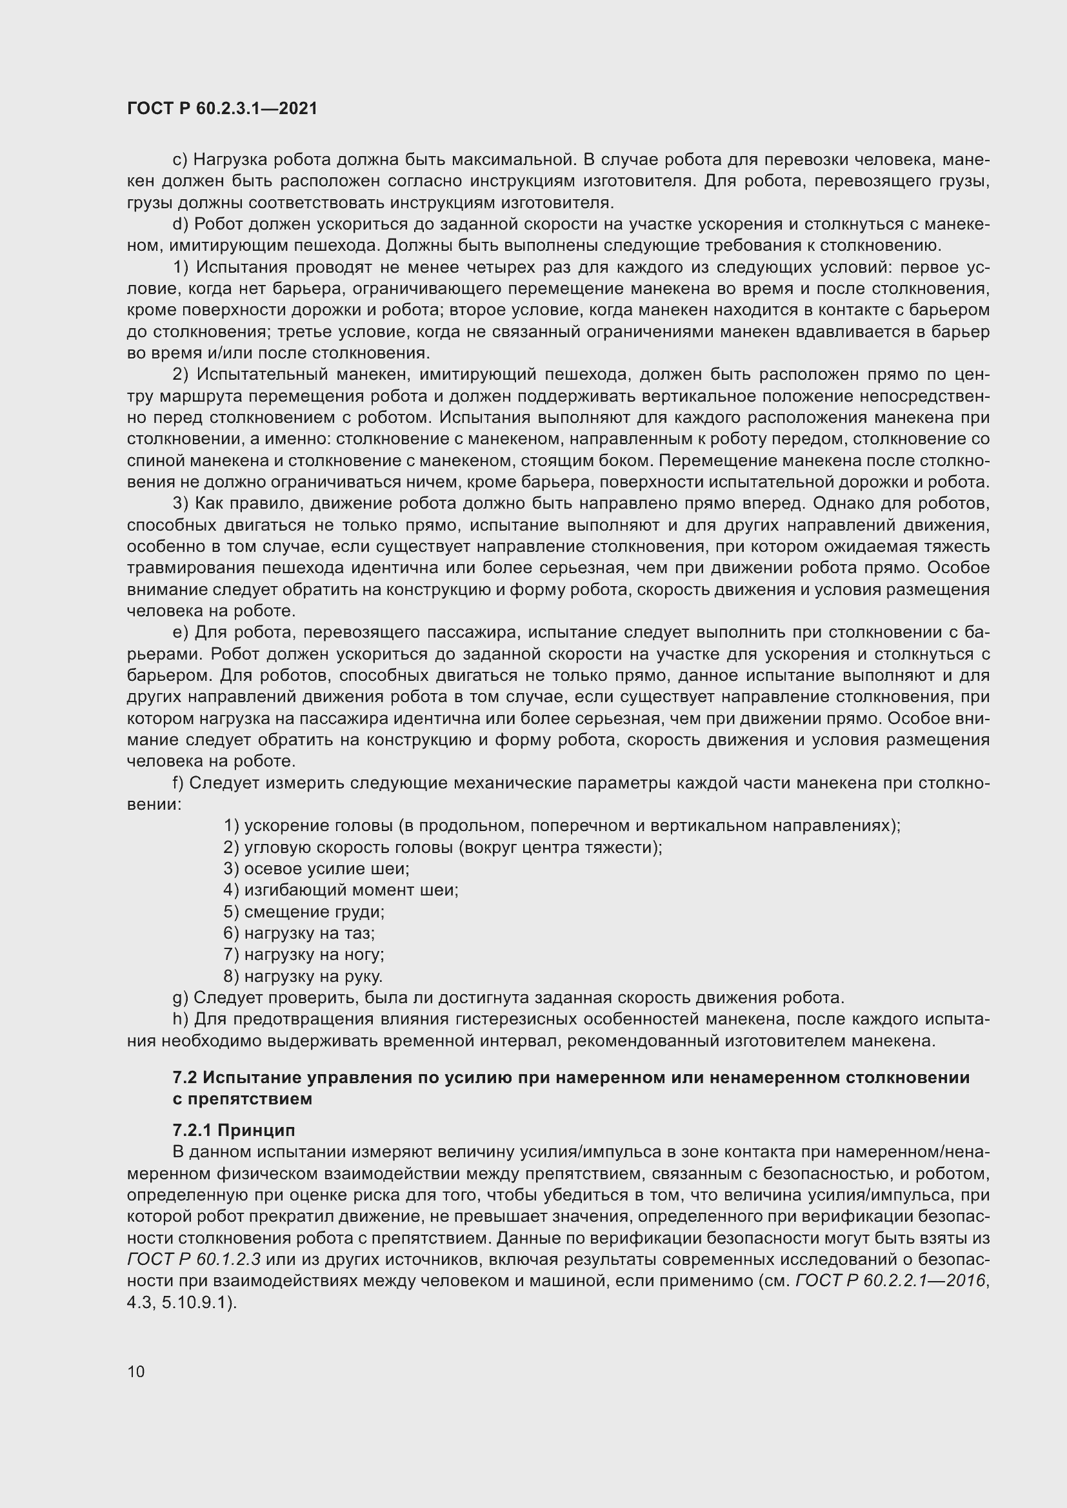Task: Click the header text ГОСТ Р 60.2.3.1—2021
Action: click(222, 109)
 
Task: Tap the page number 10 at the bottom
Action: click(136, 1371)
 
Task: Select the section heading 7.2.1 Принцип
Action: click(234, 1130)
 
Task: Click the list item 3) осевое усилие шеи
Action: click(316, 869)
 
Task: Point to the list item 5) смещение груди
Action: click(304, 912)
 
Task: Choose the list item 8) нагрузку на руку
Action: click(303, 976)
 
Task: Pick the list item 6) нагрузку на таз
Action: click(299, 934)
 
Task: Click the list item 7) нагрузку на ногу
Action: click(304, 954)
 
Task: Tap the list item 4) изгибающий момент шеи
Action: click(341, 890)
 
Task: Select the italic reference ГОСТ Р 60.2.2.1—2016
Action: click(891, 1281)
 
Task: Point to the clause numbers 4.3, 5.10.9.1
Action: click(181, 1302)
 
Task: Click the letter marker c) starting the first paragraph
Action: click(180, 160)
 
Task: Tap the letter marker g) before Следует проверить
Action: click(180, 997)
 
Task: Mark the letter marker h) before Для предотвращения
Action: click(180, 1019)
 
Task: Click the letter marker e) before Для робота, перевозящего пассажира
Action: click(180, 632)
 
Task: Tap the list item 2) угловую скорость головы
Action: click(442, 847)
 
